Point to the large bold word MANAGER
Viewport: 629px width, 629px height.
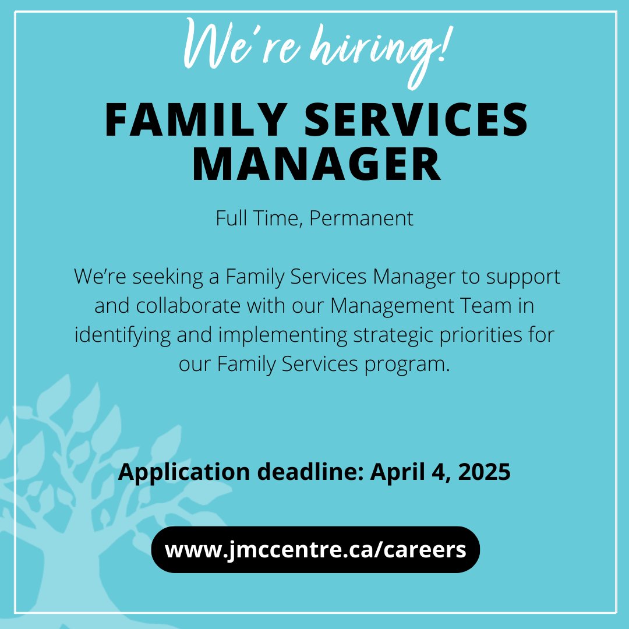(x=316, y=164)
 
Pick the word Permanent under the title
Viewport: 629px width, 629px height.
(x=361, y=219)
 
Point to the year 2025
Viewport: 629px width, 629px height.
(x=484, y=472)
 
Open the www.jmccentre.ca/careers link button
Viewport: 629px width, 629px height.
(x=315, y=550)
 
